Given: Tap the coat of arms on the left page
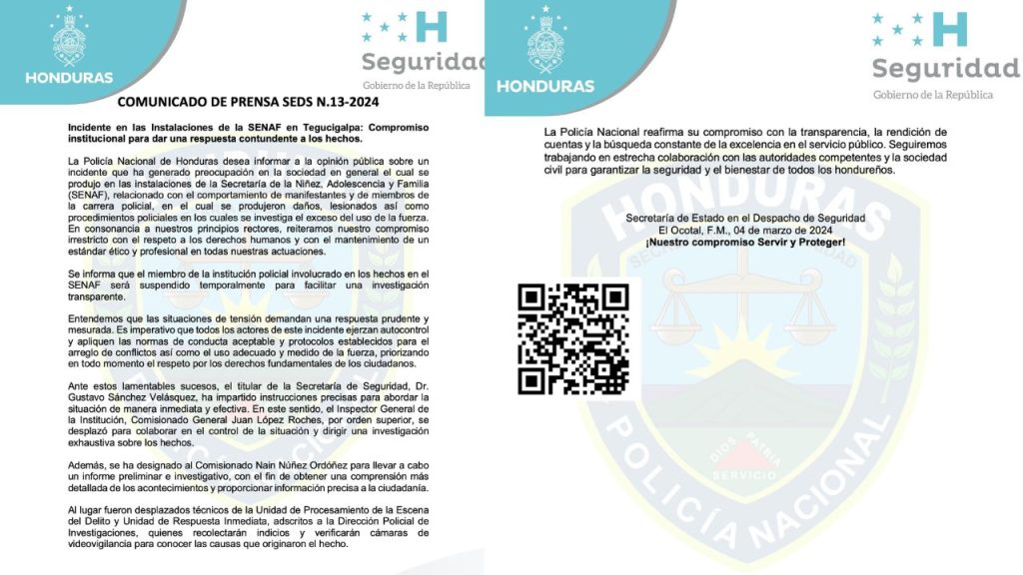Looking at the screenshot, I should (x=69, y=39).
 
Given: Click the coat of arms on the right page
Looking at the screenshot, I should (x=546, y=39).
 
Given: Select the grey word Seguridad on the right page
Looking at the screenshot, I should (x=945, y=68).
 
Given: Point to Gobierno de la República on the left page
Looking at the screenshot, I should (x=416, y=85).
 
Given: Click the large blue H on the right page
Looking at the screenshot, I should (x=949, y=29).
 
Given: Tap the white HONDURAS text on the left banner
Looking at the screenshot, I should (x=69, y=78).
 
